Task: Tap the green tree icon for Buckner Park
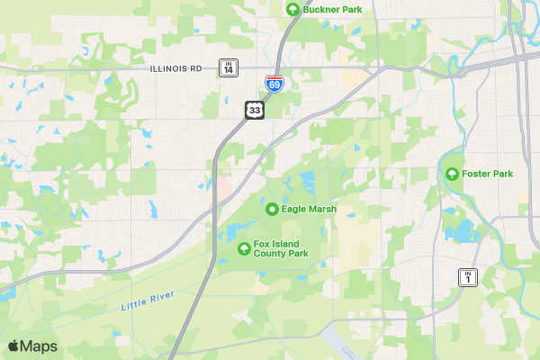pos(292,9)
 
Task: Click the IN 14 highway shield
pos(229,67)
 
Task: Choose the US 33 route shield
pos(255,110)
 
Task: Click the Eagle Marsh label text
pos(309,209)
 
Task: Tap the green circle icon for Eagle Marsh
pos(272,209)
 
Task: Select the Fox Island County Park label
pos(281,248)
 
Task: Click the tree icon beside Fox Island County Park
pos(242,248)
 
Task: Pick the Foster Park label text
pos(487,174)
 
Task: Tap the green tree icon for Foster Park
pos(452,174)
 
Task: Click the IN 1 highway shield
pos(467,277)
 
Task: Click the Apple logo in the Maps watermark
pos(13,346)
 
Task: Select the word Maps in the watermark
pos(39,346)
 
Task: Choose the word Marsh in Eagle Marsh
pos(321,209)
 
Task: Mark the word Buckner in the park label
pos(322,9)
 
